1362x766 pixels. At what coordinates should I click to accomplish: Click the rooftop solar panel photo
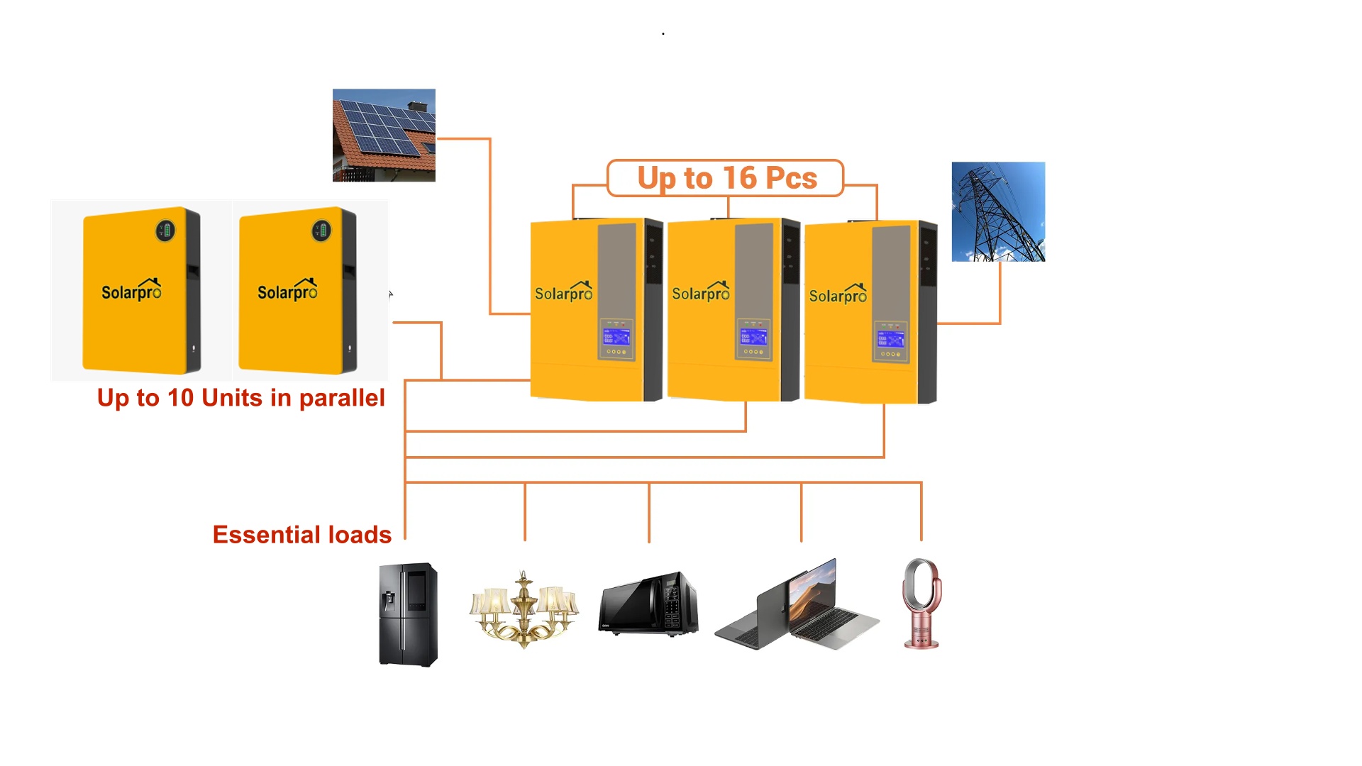point(384,135)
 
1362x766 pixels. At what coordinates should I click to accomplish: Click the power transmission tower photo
point(998,211)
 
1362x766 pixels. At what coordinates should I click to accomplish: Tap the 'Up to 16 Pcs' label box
point(726,178)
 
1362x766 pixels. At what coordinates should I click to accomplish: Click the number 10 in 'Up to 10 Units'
point(180,398)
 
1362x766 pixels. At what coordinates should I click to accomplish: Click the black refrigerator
point(408,614)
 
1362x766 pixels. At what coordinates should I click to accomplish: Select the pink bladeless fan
point(921,603)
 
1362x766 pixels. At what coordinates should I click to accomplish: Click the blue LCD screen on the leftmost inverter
point(616,337)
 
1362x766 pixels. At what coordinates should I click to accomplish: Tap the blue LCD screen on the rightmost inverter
point(890,339)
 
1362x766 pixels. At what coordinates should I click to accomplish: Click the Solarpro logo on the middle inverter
point(700,292)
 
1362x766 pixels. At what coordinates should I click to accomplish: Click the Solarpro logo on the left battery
point(131,291)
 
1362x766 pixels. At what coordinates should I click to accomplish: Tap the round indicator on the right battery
point(321,231)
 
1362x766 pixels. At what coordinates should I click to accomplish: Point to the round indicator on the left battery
point(165,231)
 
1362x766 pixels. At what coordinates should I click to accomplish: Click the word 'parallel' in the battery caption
point(342,398)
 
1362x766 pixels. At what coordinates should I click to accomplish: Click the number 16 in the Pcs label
point(740,178)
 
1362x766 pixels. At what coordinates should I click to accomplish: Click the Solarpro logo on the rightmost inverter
point(838,294)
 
